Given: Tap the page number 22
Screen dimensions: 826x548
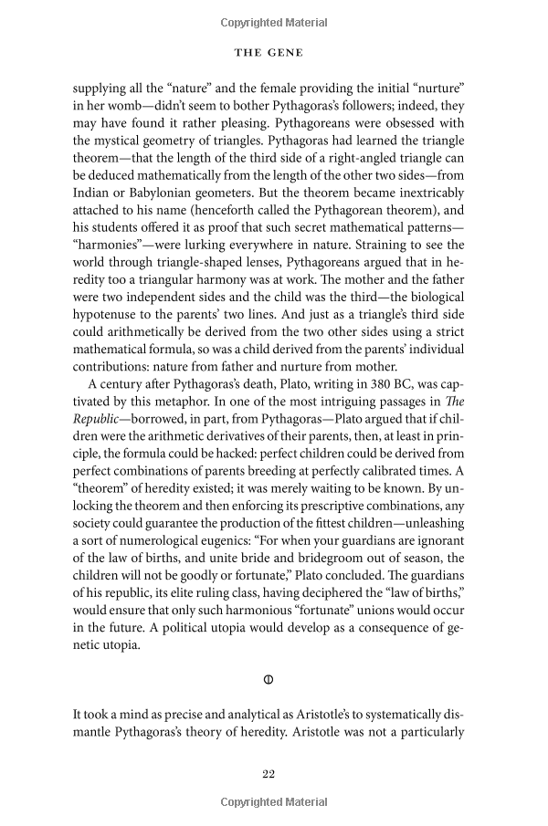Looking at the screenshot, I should click(269, 774).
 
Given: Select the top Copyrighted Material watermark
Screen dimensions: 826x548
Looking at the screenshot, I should click(273, 19).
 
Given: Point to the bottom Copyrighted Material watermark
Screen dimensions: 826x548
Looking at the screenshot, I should click(273, 802).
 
